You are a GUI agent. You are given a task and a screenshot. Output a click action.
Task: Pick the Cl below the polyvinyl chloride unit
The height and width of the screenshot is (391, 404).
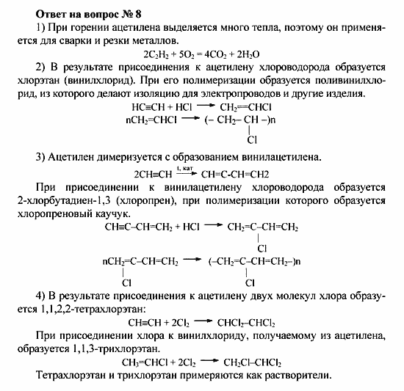click(252, 139)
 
